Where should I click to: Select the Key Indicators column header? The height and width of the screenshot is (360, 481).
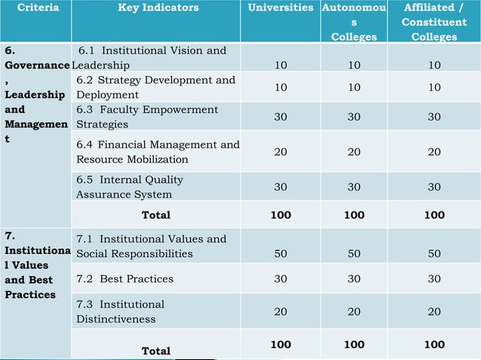click(158, 8)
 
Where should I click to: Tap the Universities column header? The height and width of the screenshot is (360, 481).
click(280, 8)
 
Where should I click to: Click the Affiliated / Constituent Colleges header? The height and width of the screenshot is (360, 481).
click(434, 22)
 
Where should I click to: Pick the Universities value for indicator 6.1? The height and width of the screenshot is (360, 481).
click(280, 66)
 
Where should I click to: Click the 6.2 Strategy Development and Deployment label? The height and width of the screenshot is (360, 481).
click(155, 87)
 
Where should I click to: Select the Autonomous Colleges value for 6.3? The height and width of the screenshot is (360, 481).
click(354, 117)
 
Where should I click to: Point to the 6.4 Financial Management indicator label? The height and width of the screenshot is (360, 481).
click(158, 152)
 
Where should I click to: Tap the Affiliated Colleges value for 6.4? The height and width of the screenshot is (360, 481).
click(434, 152)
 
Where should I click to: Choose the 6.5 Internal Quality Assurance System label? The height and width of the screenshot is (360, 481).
click(130, 187)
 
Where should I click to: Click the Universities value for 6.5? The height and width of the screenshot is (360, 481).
click(280, 187)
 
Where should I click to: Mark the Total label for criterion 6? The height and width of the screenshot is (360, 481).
click(156, 215)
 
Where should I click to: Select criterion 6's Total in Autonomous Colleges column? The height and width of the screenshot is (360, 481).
click(354, 215)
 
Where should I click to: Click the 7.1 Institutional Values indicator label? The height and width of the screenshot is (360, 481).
click(151, 246)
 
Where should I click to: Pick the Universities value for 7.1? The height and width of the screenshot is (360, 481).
click(280, 254)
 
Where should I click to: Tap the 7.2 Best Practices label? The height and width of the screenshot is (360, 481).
click(125, 279)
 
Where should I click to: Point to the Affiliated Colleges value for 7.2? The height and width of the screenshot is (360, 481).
click(434, 279)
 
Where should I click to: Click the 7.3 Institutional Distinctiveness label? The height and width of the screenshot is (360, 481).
click(120, 311)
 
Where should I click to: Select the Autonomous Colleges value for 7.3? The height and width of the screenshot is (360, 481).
click(354, 311)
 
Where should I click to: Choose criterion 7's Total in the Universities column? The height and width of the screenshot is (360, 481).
click(280, 344)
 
